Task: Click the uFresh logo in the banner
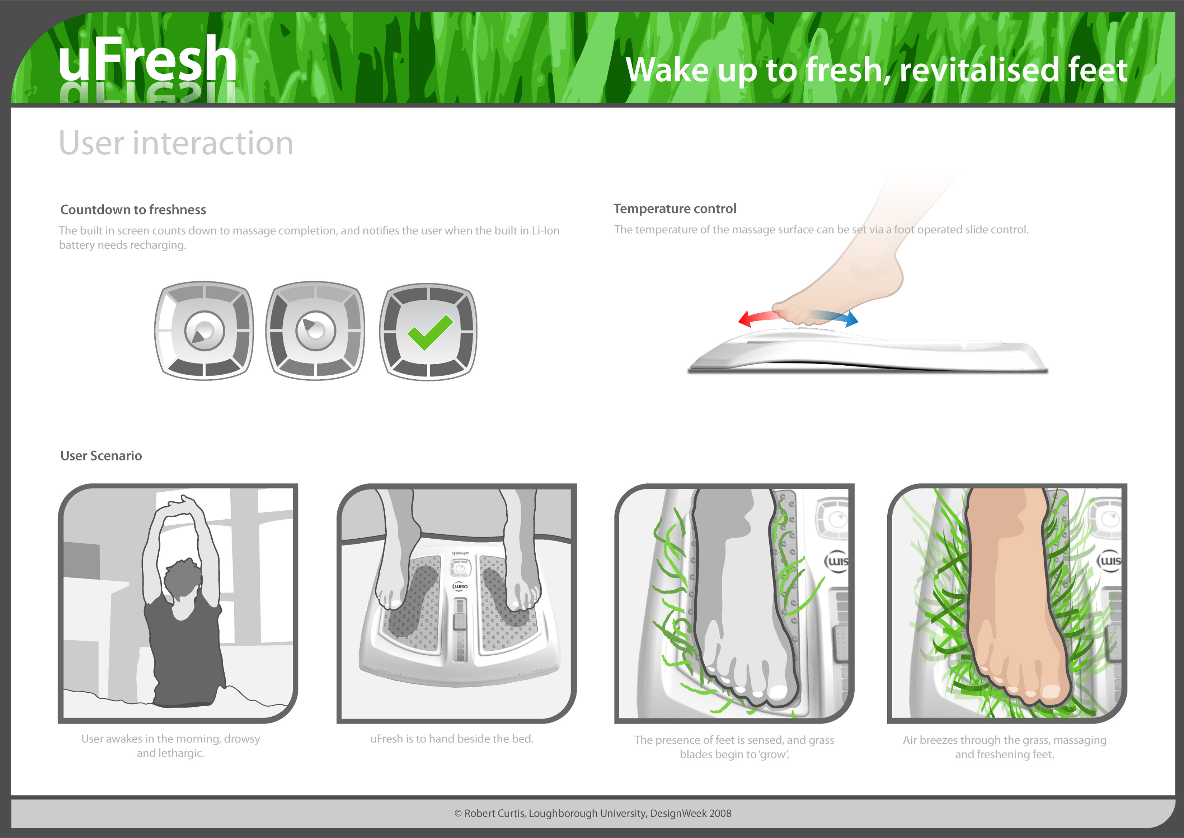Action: tap(147, 59)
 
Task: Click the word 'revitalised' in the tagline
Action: tap(978, 70)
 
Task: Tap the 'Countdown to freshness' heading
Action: tap(133, 210)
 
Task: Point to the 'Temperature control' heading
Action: tap(674, 209)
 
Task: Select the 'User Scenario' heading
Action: tap(101, 456)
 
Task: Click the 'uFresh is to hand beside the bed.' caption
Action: tap(451, 739)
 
